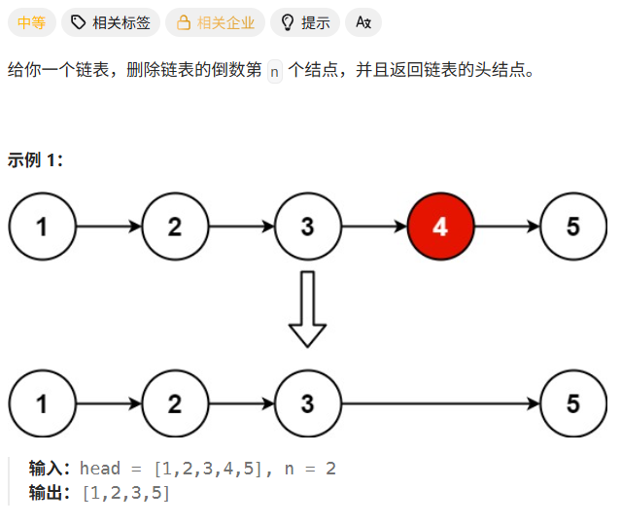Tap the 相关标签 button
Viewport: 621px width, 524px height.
point(110,22)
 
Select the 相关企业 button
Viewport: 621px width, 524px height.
point(214,22)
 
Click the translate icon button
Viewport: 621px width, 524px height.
point(363,22)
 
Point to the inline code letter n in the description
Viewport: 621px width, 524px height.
point(274,72)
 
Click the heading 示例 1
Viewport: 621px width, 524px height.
point(35,159)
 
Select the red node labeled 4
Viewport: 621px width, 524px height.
point(440,227)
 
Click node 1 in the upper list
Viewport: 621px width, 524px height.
point(42,227)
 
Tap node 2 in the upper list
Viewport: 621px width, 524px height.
point(175,227)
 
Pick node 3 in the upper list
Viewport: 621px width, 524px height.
point(307,227)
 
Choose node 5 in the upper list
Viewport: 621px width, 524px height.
point(572,227)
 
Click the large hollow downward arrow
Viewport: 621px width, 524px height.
point(307,308)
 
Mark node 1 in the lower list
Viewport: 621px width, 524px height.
point(42,402)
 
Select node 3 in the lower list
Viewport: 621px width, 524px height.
point(307,402)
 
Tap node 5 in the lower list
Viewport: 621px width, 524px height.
point(572,402)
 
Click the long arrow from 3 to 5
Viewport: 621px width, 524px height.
point(439,402)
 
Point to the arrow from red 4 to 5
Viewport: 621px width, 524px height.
point(506,227)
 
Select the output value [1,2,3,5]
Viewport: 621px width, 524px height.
point(126,494)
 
